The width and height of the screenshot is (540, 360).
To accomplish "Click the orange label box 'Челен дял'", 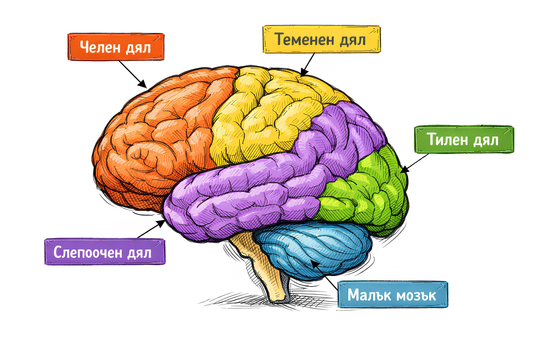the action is pos(116,47).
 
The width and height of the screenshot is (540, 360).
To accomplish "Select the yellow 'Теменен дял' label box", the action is pos(321,39).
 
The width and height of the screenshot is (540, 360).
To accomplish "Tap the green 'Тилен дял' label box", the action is pos(464,139).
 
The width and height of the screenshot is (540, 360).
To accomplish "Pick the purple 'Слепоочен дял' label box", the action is pos(105,252).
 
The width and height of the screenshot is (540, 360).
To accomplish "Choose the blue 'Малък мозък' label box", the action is pos(393,294).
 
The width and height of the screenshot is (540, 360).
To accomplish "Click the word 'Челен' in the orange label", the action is pos(100,47).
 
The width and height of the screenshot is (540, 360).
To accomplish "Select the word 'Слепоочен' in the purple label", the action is pos(87,252).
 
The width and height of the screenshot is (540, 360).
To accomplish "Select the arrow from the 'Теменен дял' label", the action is pos(308,65).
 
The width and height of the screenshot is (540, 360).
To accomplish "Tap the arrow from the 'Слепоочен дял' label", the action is pos(151,229).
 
